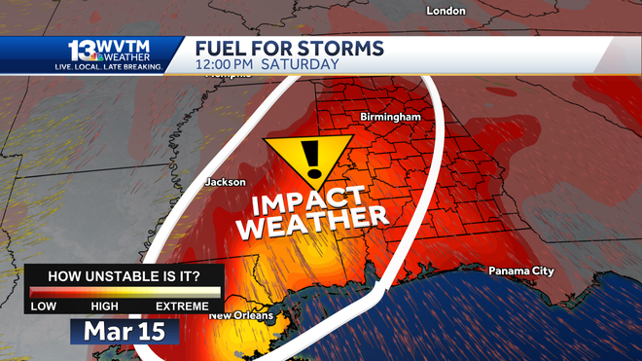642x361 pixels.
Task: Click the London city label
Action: (446, 11)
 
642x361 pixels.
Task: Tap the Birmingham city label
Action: (390, 117)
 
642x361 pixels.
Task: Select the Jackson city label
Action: (225, 182)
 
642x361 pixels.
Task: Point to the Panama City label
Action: (520, 271)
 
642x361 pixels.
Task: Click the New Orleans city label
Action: (241, 315)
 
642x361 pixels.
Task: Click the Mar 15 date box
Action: (124, 330)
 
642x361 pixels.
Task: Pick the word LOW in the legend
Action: (43, 307)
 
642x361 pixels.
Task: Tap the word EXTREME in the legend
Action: (182, 307)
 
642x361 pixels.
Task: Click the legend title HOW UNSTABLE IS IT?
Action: (125, 275)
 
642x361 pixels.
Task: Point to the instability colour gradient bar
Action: (125, 292)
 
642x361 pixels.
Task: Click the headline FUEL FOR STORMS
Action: (289, 49)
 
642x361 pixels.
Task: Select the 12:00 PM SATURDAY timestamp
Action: (267, 65)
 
